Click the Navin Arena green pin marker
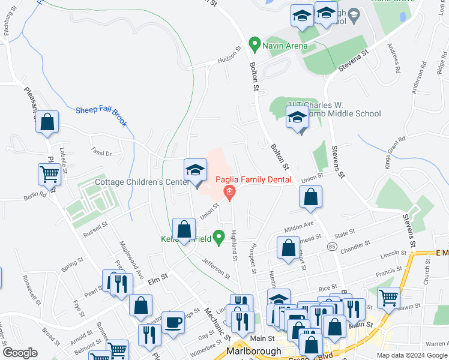click(x=255, y=43)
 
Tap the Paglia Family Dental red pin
click(x=229, y=192)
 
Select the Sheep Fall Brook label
click(x=101, y=114)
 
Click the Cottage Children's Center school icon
click(x=195, y=171)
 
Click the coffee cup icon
click(x=174, y=322)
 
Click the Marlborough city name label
click(x=253, y=351)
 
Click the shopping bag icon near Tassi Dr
click(x=47, y=122)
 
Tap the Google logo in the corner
click(x=20, y=353)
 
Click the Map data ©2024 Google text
click(x=411, y=355)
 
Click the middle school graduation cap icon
click(x=297, y=119)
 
